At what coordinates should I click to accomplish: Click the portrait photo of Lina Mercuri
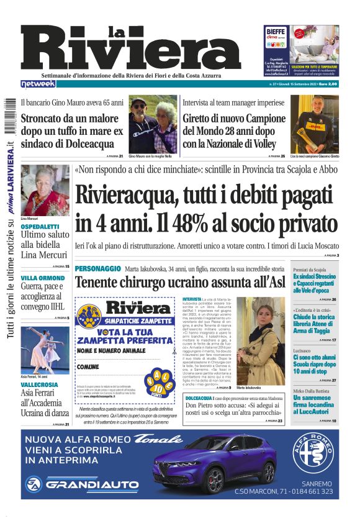pyautogui.click(x=45, y=190)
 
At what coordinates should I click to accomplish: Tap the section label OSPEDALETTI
pyautogui.click(x=40, y=227)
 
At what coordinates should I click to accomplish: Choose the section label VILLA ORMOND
pyautogui.click(x=43, y=277)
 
